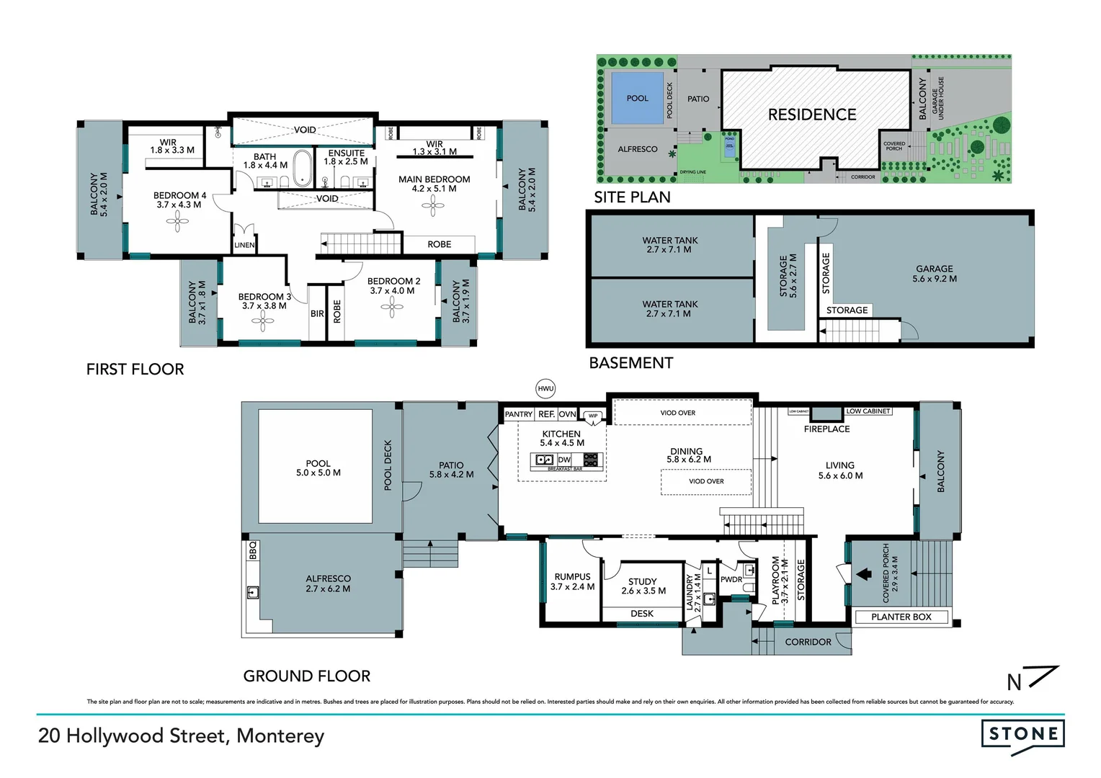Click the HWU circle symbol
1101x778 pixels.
point(545,388)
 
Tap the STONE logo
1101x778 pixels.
point(1022,735)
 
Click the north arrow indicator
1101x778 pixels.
point(1034,679)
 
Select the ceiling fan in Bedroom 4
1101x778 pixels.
point(177,222)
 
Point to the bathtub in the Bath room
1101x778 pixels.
point(305,169)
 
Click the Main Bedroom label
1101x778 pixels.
point(434,179)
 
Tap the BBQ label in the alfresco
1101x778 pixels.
point(253,551)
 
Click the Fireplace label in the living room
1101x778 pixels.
point(826,429)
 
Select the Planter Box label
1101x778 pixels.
point(901,617)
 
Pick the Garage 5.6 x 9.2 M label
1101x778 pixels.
point(934,273)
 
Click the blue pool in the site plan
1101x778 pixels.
point(637,98)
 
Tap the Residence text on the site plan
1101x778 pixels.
point(812,115)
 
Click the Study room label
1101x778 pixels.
point(643,586)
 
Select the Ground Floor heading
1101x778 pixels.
point(307,676)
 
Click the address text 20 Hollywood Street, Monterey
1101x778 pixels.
point(182,735)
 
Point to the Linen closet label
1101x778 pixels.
point(244,245)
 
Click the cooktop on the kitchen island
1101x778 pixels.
point(591,459)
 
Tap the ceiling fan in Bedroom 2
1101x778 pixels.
point(392,308)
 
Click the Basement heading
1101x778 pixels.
point(631,363)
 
